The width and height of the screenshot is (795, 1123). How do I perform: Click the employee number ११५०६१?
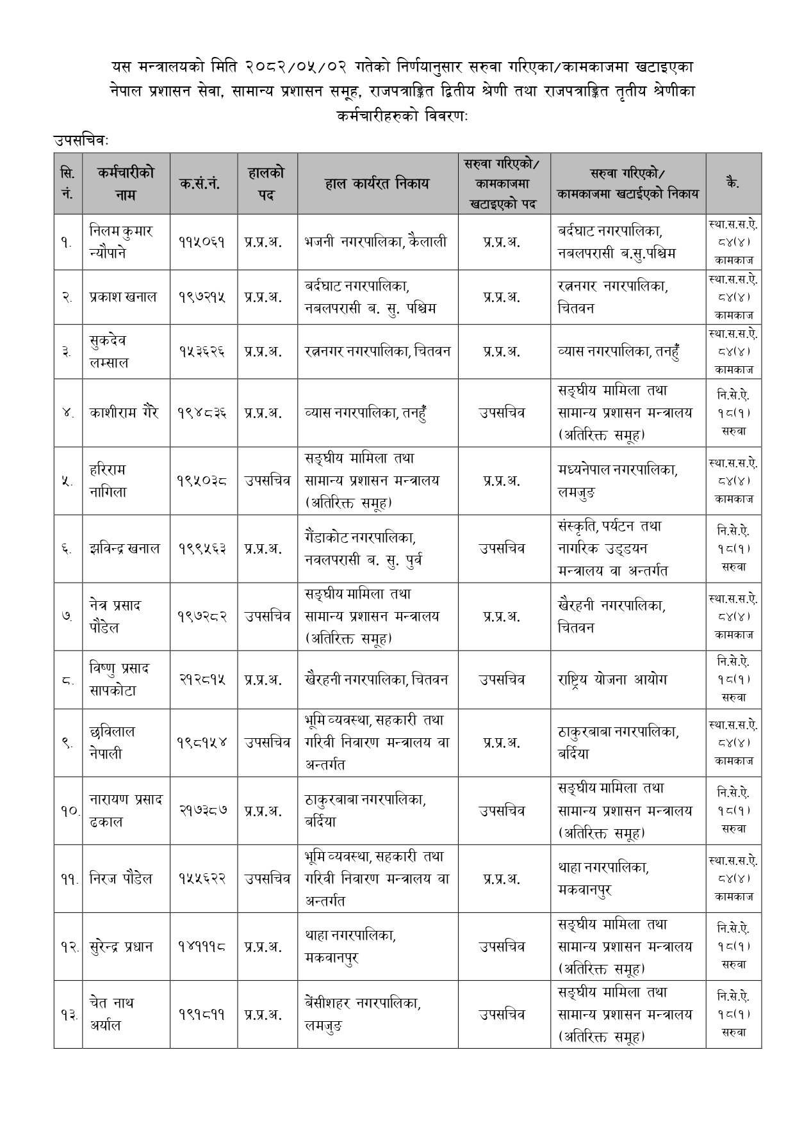click(204, 242)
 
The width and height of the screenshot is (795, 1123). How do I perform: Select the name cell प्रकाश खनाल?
click(123, 297)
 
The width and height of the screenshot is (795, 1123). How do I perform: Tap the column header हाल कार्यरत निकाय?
click(377, 184)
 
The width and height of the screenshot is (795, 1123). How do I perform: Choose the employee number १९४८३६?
click(204, 413)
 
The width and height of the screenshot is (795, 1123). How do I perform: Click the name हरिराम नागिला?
click(109, 481)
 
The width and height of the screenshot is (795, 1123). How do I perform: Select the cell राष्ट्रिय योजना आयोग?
click(612, 679)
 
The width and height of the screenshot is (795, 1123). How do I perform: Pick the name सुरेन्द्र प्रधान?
click(122, 947)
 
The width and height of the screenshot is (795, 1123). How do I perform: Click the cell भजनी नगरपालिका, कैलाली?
click(376, 242)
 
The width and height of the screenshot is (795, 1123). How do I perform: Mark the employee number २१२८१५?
click(204, 679)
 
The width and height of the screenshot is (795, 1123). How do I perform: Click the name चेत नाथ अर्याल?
click(112, 1014)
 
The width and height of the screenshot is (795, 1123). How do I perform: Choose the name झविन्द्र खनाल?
click(125, 549)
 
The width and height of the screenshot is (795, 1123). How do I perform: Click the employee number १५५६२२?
click(204, 879)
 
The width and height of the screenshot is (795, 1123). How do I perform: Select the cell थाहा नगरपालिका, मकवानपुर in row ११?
click(603, 879)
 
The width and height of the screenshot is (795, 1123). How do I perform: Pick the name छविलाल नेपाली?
click(112, 743)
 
